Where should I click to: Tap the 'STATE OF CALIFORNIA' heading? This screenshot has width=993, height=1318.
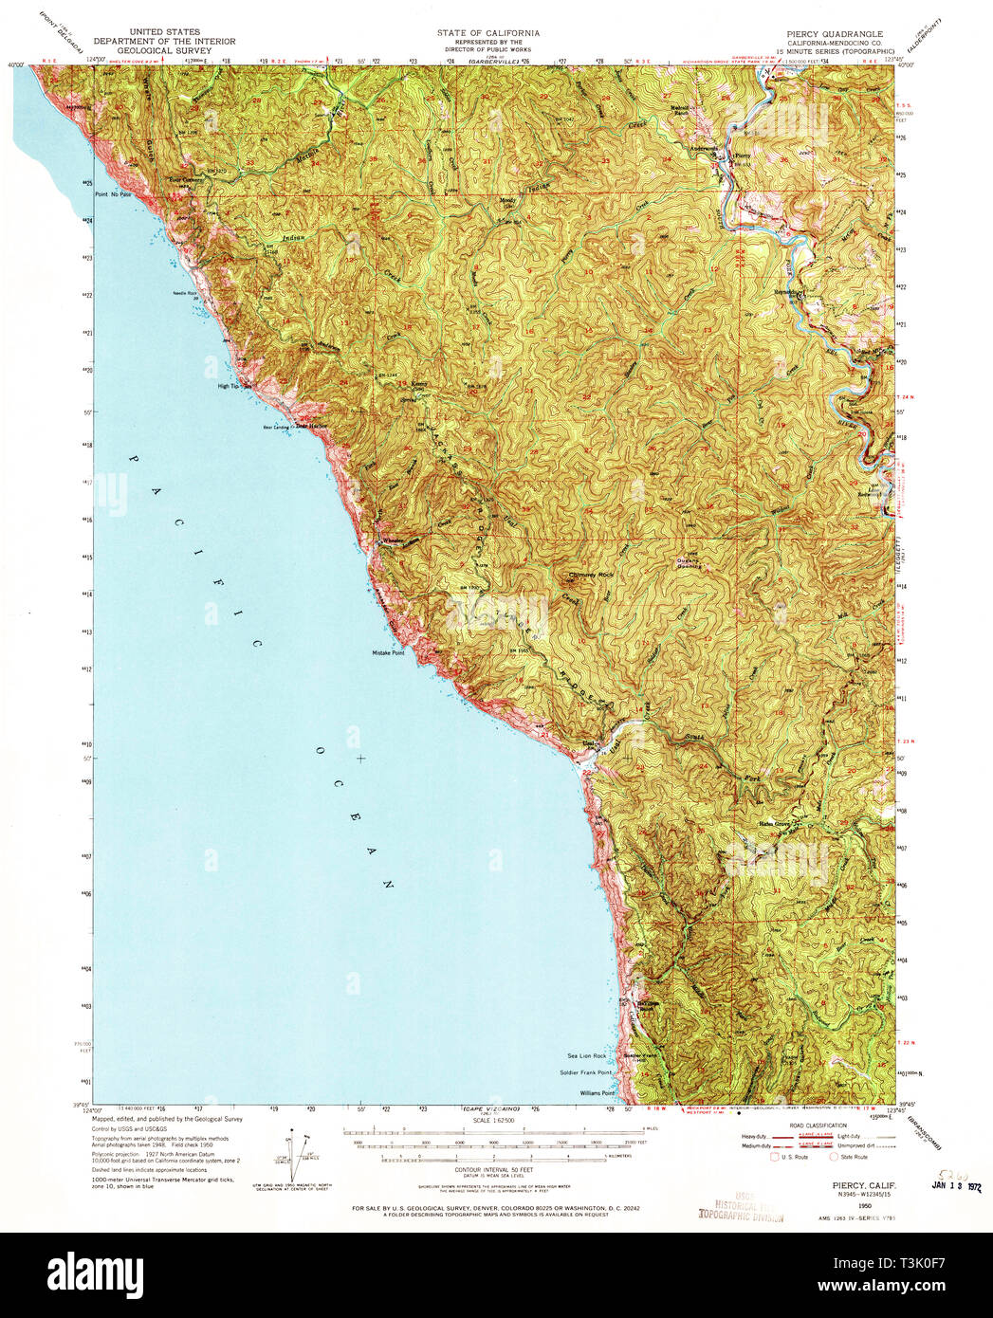coord(488,32)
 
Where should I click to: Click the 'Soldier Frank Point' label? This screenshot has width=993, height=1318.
coord(585,1072)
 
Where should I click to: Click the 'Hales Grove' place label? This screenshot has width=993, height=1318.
coord(774,823)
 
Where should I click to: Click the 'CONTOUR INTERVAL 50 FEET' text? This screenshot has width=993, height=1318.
coord(489,1171)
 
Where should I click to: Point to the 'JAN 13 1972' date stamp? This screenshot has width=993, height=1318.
coord(954,1184)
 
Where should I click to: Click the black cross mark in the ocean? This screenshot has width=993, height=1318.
coord(359,759)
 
